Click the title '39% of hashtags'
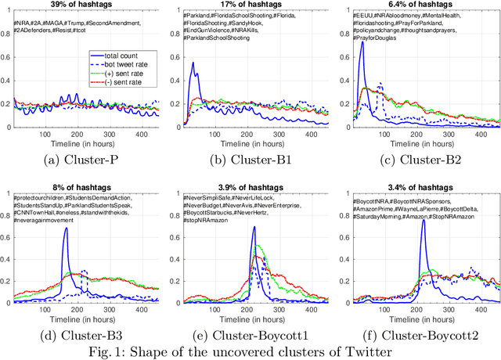(x=85, y=6)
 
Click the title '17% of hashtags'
(x=254, y=6)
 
